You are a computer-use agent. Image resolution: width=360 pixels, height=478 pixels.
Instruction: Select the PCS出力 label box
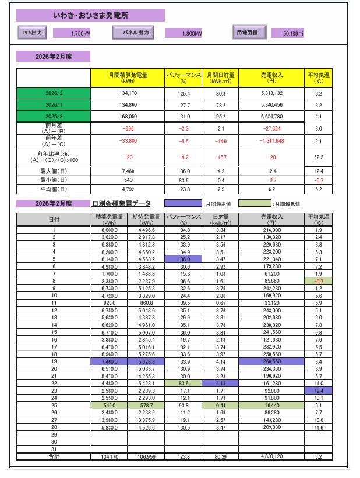click(x=33, y=33)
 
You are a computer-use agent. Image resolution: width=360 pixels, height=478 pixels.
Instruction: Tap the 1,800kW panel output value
click(x=184, y=33)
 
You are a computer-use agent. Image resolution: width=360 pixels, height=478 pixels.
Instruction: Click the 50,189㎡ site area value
click(x=290, y=33)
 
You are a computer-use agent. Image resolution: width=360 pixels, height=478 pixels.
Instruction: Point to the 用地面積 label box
click(x=250, y=32)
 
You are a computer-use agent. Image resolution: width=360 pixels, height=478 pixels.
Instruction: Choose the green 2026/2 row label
click(x=53, y=93)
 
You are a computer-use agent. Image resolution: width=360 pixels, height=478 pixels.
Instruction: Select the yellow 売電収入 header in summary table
click(x=272, y=78)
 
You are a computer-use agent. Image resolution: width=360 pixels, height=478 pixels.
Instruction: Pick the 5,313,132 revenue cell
click(x=272, y=93)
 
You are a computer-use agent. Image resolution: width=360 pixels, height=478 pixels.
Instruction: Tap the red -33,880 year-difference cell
click(x=128, y=141)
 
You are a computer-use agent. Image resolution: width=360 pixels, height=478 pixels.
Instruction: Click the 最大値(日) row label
click(x=53, y=171)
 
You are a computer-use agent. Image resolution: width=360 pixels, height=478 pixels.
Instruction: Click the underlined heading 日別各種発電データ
click(x=121, y=203)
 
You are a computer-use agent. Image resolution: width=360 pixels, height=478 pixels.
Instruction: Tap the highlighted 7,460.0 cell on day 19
click(x=110, y=361)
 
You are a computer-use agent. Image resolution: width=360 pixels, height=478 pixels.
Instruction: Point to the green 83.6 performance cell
click(x=183, y=383)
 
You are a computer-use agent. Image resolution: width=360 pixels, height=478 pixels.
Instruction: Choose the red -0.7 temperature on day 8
click(x=318, y=280)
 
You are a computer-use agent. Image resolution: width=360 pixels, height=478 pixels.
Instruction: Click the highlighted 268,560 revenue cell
click(x=272, y=361)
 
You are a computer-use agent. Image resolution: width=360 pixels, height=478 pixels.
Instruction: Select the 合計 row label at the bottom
click(x=53, y=456)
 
